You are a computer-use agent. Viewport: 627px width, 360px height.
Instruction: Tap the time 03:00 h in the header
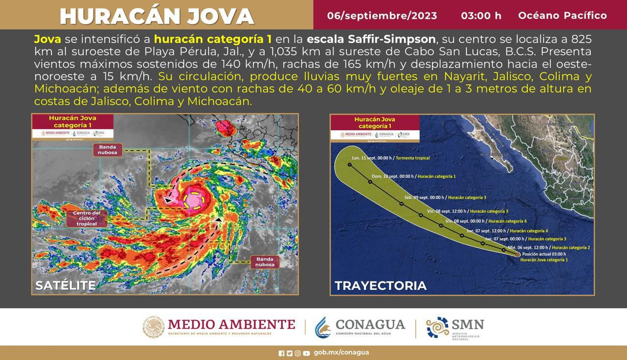coord(481,16)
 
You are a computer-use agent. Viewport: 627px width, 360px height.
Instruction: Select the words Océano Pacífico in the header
coord(562,16)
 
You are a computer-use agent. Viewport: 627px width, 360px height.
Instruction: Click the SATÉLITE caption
coord(66,285)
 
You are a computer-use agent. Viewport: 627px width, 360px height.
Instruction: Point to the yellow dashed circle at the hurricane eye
coord(194,201)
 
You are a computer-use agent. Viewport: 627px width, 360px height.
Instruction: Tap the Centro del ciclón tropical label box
coord(86,218)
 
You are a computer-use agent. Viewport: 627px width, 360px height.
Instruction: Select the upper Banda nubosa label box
coord(108,150)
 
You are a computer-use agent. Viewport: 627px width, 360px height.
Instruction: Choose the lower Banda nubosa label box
coord(265,262)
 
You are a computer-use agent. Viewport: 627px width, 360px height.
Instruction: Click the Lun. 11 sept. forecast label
coord(391,158)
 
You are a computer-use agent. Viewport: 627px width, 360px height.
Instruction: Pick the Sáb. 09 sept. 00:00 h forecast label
coord(445,197)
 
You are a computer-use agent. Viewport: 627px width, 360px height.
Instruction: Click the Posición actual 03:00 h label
coord(544,254)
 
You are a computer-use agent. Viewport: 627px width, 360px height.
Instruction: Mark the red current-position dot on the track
coord(518,255)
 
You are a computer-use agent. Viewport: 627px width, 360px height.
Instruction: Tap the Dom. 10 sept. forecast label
coord(413,176)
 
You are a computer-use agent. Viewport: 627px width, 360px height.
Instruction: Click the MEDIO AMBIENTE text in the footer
coord(231,324)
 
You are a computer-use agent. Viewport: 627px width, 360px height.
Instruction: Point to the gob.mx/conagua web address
coord(341,352)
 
